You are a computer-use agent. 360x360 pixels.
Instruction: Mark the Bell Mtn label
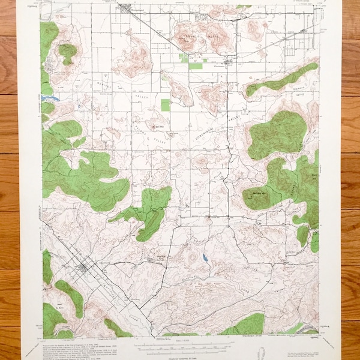pos(159,127)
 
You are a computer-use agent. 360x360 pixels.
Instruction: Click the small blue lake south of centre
pos(206,258)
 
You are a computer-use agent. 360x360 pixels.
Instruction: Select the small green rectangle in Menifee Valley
pos(166,105)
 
